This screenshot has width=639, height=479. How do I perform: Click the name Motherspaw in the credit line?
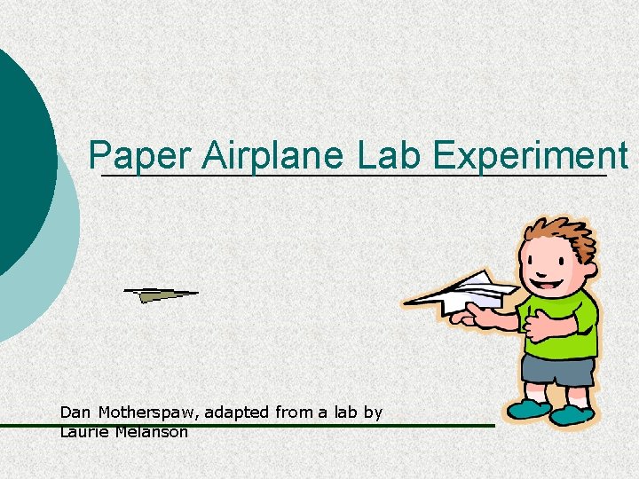[143, 412]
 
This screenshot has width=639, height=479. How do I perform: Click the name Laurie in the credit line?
[80, 432]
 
